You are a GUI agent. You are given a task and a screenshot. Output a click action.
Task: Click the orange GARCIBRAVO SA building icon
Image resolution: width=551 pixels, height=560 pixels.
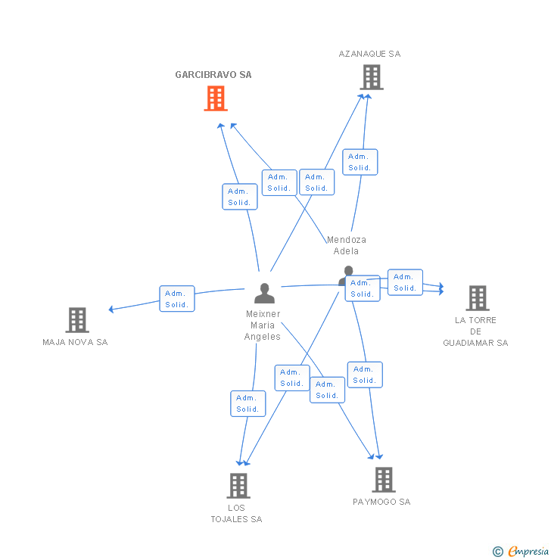[216, 98]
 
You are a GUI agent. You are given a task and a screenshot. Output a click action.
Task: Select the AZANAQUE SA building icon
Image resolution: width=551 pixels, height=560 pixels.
[372, 77]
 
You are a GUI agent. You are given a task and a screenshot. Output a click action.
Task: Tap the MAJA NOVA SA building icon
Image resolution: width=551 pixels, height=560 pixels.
[77, 320]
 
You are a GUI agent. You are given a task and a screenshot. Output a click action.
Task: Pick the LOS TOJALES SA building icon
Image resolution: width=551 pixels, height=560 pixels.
[238, 486]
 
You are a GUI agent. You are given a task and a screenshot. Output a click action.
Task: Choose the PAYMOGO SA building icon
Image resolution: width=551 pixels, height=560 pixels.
[384, 480]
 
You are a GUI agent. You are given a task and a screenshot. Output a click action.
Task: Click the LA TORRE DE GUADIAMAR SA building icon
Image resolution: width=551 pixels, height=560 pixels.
[478, 298]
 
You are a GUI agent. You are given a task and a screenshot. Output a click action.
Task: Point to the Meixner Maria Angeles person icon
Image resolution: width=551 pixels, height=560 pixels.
[265, 293]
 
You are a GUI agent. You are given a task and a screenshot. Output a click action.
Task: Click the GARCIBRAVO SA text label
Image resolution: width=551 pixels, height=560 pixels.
[213, 75]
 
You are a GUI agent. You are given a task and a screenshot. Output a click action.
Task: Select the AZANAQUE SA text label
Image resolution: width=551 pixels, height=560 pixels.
[369, 54]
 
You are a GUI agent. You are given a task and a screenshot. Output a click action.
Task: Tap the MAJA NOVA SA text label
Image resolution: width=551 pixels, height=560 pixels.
[75, 342]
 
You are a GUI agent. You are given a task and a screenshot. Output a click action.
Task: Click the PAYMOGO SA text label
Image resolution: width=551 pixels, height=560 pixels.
[381, 502]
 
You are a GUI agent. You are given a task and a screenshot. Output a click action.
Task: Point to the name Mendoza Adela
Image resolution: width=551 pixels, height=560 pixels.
[347, 245]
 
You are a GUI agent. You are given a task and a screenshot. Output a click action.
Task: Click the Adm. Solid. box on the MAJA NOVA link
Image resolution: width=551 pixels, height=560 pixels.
[177, 299]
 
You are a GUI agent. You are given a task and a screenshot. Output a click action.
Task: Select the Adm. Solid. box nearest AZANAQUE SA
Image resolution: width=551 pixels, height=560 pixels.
[360, 162]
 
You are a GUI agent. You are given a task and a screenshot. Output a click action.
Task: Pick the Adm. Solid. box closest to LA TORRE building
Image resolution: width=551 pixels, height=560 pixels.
[406, 282]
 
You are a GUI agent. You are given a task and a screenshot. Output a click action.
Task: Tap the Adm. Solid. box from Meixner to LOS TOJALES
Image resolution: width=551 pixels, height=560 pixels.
[248, 403]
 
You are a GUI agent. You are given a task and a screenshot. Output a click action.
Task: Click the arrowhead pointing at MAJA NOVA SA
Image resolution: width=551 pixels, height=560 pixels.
[111, 310]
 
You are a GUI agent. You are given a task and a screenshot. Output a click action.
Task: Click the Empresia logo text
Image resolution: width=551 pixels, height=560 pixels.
[528, 552]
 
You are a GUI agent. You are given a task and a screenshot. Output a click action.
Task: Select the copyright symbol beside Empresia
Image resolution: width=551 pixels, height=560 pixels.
[498, 552]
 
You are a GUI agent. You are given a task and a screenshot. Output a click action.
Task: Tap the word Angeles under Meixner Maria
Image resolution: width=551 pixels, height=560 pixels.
[263, 337]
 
